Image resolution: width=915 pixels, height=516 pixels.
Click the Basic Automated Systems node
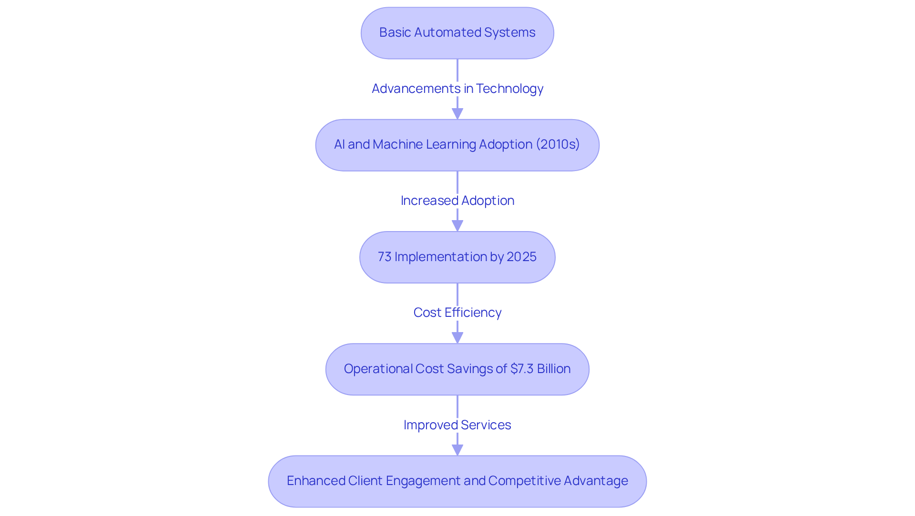click(x=457, y=33)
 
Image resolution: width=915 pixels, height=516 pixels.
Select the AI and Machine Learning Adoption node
click(x=457, y=145)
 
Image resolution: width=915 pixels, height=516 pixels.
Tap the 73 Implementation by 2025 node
click(x=457, y=257)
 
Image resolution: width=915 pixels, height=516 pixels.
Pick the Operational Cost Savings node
click(x=457, y=369)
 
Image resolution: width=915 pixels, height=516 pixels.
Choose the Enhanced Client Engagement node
click(x=457, y=481)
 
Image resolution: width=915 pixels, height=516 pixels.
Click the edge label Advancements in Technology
click(x=457, y=89)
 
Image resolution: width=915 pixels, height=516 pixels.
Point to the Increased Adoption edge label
click(x=457, y=201)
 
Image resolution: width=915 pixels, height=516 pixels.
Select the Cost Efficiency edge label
click(x=457, y=313)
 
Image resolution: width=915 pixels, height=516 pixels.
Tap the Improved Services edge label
click(x=457, y=425)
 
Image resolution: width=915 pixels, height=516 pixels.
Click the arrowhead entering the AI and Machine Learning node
click(x=457, y=114)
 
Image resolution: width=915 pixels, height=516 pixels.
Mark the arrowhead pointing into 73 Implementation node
click(x=457, y=226)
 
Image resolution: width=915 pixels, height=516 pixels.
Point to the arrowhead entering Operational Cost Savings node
click(x=457, y=338)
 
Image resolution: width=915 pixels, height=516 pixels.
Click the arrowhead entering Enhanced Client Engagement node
click(x=457, y=450)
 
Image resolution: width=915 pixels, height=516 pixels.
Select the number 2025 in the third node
click(x=521, y=257)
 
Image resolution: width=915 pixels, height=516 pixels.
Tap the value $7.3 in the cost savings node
click(x=522, y=369)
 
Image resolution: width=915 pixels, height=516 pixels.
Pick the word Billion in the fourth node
click(x=553, y=369)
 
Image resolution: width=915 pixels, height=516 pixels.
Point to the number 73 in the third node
click(x=385, y=257)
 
